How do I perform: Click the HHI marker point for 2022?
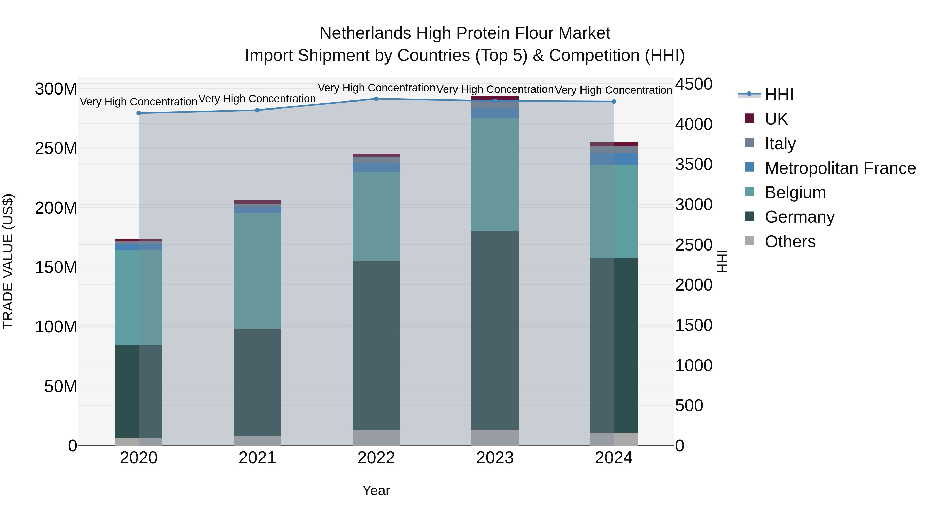pos(376,99)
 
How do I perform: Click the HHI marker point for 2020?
pos(139,113)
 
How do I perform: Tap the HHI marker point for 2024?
pos(614,102)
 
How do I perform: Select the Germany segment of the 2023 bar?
pos(495,330)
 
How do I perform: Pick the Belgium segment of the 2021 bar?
pos(257,271)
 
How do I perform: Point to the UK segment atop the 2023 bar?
pos(495,98)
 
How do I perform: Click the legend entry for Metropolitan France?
pos(840,168)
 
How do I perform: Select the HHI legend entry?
pos(779,95)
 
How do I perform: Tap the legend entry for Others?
pos(790,241)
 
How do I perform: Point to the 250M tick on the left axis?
pos(56,148)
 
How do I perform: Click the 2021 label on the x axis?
pos(257,458)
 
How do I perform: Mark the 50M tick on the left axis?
pos(61,387)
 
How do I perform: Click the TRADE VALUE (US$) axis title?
pos(8,262)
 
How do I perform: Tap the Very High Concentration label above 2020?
pos(139,102)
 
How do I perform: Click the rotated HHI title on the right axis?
pos(722,262)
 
